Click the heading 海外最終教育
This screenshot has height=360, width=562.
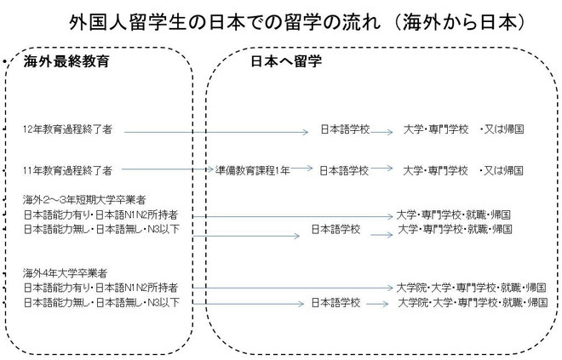pyautogui.click(x=66, y=61)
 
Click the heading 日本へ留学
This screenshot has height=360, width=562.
pyautogui.click(x=286, y=61)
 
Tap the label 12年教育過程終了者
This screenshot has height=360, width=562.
pyautogui.click(x=67, y=129)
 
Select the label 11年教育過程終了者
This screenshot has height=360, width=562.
pyautogui.click(x=67, y=170)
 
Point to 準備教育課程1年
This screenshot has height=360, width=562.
pyautogui.click(x=253, y=170)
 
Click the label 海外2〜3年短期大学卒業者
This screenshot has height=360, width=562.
pyautogui.click(x=84, y=199)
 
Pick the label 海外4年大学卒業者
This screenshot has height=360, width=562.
pyautogui.click(x=65, y=273)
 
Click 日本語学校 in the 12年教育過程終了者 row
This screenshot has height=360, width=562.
pyautogui.click(x=345, y=129)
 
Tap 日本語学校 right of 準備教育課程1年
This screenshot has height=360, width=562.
pyautogui.click(x=344, y=170)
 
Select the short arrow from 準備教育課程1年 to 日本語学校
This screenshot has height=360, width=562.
pyautogui.click(x=301, y=168)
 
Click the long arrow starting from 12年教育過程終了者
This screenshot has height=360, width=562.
pyautogui.click(x=216, y=132)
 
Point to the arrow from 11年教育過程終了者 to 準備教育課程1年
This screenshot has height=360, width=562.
pyautogui.click(x=168, y=169)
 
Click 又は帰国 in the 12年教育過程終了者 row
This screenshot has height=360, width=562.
pyautogui.click(x=504, y=129)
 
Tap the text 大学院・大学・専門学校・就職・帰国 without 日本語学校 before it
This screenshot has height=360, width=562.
pyautogui.click(x=471, y=288)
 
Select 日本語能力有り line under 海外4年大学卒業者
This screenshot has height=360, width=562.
pyautogui.click(x=100, y=288)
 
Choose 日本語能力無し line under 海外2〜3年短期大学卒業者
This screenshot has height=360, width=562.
pyautogui.click(x=101, y=229)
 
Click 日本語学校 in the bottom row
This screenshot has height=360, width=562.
pyautogui.click(x=335, y=303)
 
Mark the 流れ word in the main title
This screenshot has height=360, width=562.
pyautogui.click(x=361, y=22)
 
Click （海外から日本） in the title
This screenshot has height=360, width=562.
pyautogui.click(x=460, y=22)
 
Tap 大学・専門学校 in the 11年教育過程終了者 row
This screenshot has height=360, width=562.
pyautogui.click(x=435, y=170)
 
